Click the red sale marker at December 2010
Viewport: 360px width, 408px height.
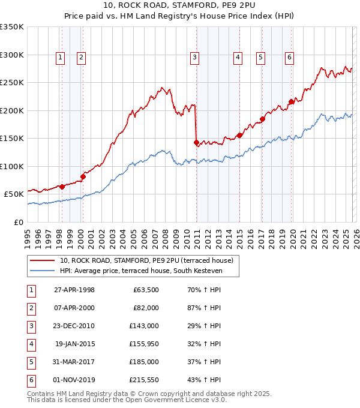coord(196,142)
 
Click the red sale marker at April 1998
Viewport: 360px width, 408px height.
coord(62,187)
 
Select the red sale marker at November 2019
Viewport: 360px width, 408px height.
coord(291,101)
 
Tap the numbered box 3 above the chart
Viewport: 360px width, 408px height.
coord(195,58)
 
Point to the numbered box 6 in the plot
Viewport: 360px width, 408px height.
coord(289,58)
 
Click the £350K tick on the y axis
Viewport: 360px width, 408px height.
coord(12,27)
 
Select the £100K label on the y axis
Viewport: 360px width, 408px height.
coord(12,166)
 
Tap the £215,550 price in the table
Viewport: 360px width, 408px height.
coord(145,379)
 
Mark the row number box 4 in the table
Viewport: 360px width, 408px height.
coord(31,344)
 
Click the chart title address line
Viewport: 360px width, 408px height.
coord(180,7)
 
